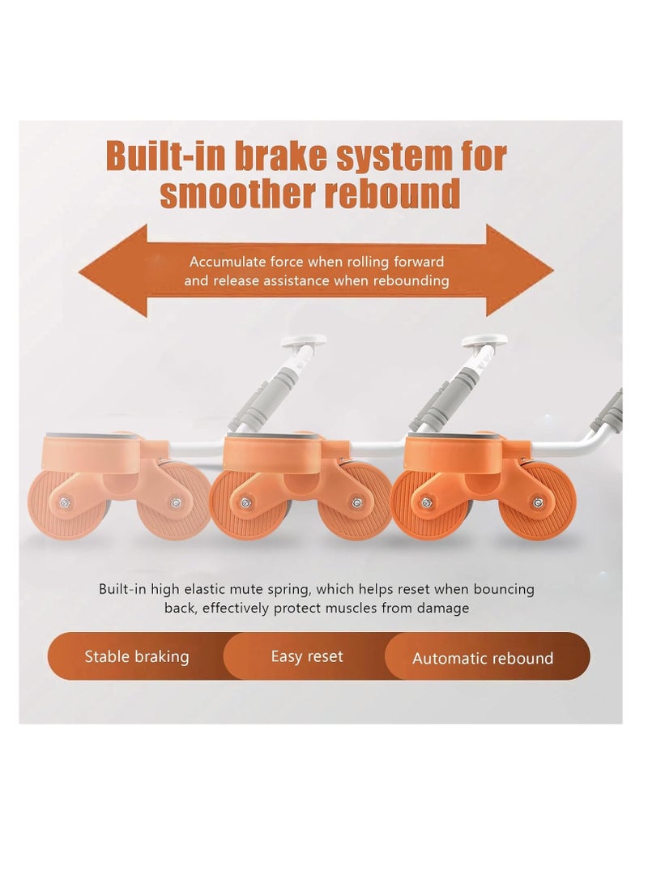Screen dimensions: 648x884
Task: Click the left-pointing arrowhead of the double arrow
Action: click(x=113, y=271)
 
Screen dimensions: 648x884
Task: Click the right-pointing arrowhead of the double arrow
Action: click(x=519, y=271)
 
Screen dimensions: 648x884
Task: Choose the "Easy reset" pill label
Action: click(x=307, y=657)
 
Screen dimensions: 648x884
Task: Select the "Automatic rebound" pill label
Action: click(x=483, y=659)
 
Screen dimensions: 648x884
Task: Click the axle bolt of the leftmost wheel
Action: click(x=62, y=502)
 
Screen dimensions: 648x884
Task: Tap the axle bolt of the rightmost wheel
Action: click(x=536, y=502)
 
